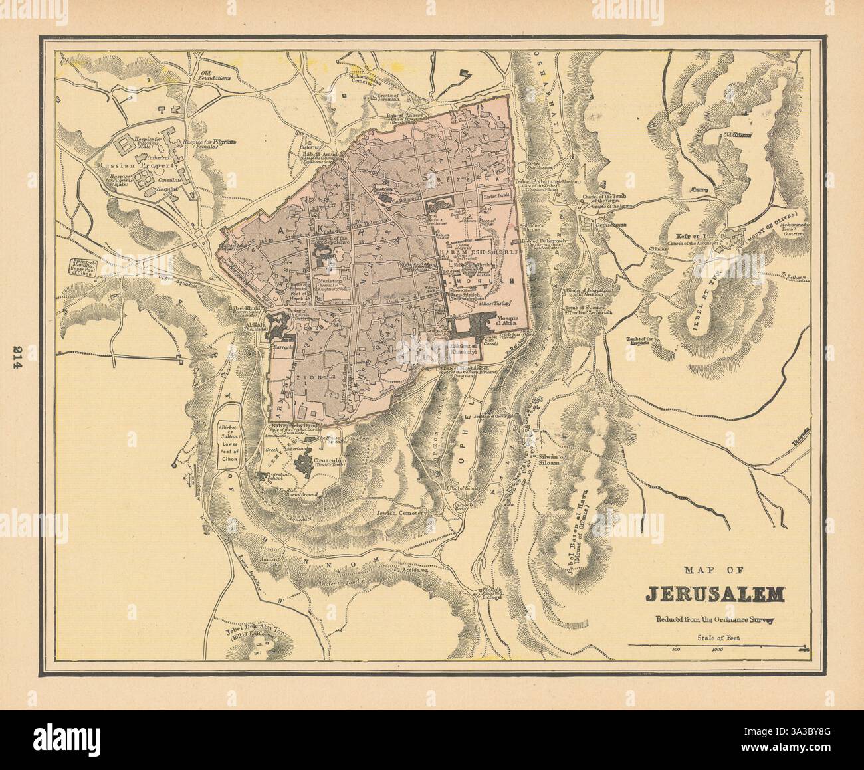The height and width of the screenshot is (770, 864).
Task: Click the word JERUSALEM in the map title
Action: coord(715,593)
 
